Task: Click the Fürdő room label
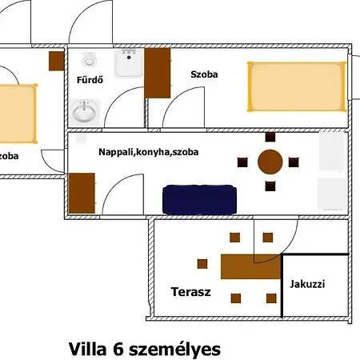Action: pyautogui.click(x=90, y=80)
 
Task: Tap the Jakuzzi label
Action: pyautogui.click(x=307, y=284)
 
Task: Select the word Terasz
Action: pyautogui.click(x=191, y=292)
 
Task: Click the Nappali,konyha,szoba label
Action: pyautogui.click(x=149, y=152)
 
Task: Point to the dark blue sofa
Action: pyautogui.click(x=199, y=199)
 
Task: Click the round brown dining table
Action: pyautogui.click(x=270, y=162)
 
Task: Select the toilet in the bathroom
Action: pyautogui.click(x=89, y=60)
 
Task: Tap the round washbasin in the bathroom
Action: pyautogui.click(x=85, y=112)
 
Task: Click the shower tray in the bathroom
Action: pyautogui.click(x=129, y=63)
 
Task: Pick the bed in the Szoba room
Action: pyautogui.click(x=297, y=86)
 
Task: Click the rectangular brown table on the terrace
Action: pyautogui.click(x=250, y=266)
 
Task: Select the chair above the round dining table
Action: pyautogui.click(x=270, y=137)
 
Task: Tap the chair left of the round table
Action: pyautogui.click(x=242, y=162)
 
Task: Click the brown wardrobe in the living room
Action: pyautogui.click(x=82, y=193)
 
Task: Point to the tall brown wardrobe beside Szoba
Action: pyautogui.click(x=158, y=73)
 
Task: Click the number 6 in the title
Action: pyautogui.click(x=118, y=350)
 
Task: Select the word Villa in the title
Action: pyautogui.click(x=88, y=350)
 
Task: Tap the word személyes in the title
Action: pyautogui.click(x=175, y=350)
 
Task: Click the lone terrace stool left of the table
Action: pyautogui.click(x=202, y=264)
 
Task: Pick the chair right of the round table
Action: pyautogui.click(x=294, y=162)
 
